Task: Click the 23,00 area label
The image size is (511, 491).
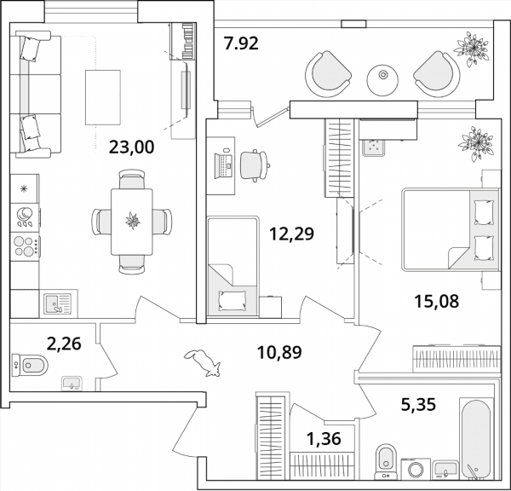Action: [x=131, y=147]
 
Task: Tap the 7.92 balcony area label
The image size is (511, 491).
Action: [x=241, y=43]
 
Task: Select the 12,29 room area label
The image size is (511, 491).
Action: [x=291, y=234]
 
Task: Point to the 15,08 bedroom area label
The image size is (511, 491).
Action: [x=437, y=301]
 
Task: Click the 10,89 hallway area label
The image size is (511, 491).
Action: [x=279, y=352]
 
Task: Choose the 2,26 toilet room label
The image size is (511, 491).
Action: [x=64, y=344]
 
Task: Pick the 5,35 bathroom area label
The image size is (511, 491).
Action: [x=418, y=405]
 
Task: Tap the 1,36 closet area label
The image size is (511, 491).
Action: [x=324, y=438]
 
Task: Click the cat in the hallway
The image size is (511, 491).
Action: [x=203, y=362]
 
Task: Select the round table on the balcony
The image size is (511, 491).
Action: [x=382, y=80]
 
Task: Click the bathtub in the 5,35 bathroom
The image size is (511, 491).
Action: [x=476, y=438]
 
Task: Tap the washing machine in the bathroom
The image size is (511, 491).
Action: [x=416, y=469]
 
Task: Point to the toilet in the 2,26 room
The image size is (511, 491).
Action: [x=30, y=365]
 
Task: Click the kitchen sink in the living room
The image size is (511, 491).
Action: [x=58, y=303]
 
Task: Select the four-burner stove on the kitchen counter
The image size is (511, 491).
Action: [x=25, y=246]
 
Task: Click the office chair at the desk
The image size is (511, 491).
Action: [x=255, y=165]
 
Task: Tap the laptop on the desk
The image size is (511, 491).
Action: [x=223, y=165]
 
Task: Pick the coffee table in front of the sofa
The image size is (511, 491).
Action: [x=103, y=97]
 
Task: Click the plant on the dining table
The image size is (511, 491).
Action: [x=133, y=221]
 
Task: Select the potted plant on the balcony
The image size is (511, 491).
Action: [x=472, y=49]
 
